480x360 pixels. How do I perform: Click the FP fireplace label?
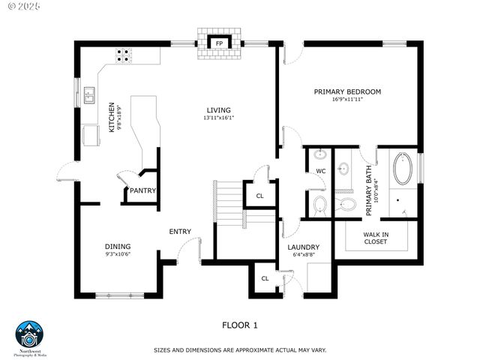(x=220, y=43)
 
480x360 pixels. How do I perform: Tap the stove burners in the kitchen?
(x=124, y=55)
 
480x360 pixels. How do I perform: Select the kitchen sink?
(x=89, y=94)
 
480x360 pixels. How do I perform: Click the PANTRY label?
(x=142, y=190)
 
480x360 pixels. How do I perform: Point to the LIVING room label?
(x=219, y=110)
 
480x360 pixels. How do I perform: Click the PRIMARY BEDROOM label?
(x=347, y=92)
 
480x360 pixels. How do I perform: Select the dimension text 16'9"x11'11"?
(x=347, y=100)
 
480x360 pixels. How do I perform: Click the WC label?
(x=320, y=171)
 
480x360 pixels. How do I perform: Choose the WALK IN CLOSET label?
(x=376, y=238)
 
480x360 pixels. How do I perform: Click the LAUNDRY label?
(x=304, y=247)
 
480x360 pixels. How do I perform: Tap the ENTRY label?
(x=180, y=232)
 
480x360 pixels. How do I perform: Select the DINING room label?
(x=118, y=246)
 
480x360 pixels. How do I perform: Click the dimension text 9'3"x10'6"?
(x=118, y=253)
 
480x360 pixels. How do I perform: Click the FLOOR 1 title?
(x=240, y=325)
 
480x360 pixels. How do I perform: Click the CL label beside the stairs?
(x=260, y=196)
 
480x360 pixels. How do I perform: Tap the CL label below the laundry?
(x=265, y=278)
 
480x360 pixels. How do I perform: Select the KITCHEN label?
(x=112, y=118)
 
